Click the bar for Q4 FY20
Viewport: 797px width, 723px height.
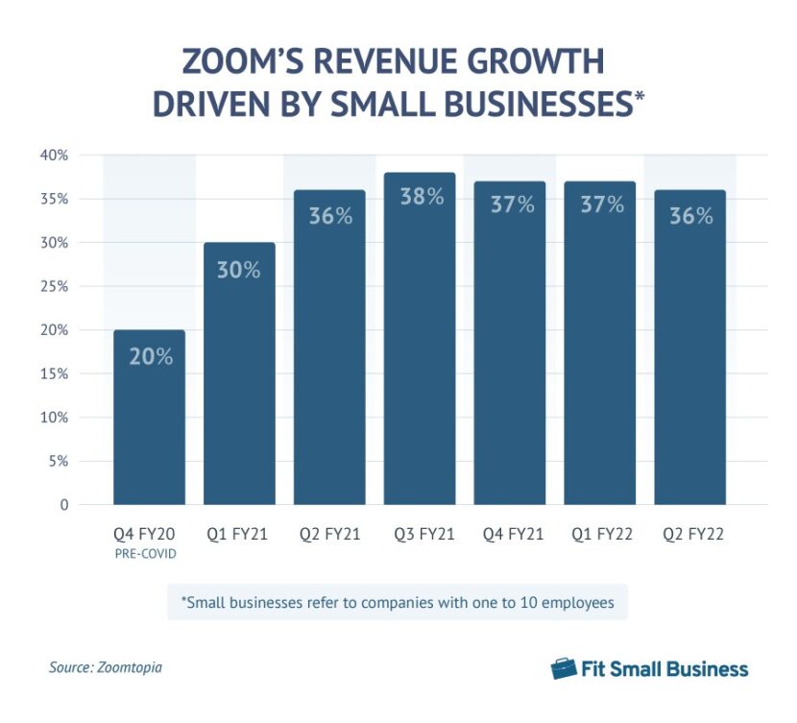pyautogui.click(x=149, y=418)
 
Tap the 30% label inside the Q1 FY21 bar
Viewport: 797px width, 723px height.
pyautogui.click(x=239, y=270)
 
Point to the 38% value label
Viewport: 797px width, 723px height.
pyautogui.click(x=420, y=198)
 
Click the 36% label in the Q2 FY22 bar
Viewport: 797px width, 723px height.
pyautogui.click(x=690, y=216)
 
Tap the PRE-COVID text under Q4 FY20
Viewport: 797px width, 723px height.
pyautogui.click(x=149, y=553)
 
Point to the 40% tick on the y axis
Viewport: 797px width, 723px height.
pyautogui.click(x=54, y=156)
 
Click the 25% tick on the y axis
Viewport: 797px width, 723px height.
pyautogui.click(x=54, y=286)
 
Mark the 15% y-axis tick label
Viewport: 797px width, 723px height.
pyautogui.click(x=54, y=374)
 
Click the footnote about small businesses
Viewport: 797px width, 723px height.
pyautogui.click(x=397, y=602)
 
